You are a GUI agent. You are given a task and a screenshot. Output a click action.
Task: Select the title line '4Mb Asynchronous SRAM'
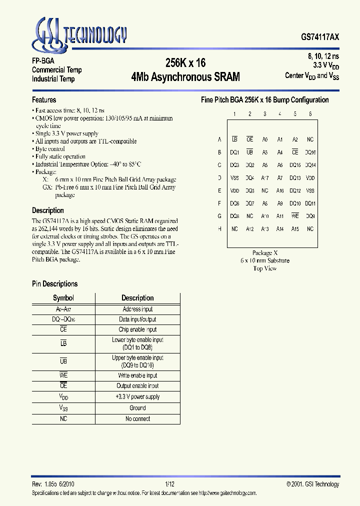point(185,77)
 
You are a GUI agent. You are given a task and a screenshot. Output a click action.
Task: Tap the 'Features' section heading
point(44,100)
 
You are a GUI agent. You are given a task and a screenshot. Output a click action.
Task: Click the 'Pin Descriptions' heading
point(54,284)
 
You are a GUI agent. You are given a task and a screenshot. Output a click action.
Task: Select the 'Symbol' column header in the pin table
point(63,298)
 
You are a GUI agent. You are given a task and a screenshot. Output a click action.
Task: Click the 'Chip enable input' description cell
point(137,329)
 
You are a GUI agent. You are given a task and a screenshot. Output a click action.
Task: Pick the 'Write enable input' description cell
point(137,375)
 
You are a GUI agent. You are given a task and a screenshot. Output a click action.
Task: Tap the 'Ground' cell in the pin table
point(137,408)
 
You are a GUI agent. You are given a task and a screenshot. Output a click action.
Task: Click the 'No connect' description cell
point(137,419)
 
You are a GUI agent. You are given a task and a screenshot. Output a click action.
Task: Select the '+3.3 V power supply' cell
point(137,397)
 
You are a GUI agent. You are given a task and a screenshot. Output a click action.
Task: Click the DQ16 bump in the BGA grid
point(310,152)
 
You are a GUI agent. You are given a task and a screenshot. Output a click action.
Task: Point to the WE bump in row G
point(295,216)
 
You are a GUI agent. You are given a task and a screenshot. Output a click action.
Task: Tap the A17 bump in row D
point(265,178)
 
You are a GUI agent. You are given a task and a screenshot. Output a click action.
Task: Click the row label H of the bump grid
point(219,229)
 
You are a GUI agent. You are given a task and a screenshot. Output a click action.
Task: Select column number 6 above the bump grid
point(310,114)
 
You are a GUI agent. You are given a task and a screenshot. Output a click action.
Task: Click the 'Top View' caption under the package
point(264,268)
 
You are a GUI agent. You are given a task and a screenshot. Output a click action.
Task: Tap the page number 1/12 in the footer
point(169,484)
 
